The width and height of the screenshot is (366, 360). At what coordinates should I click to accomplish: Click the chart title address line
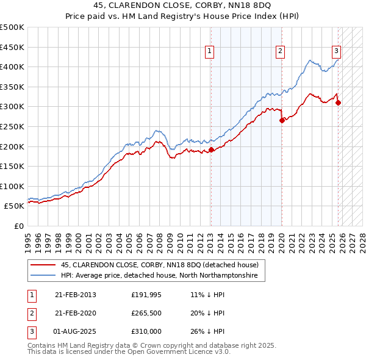[183, 5]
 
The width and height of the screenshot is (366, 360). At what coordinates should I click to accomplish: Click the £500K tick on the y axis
[12, 27]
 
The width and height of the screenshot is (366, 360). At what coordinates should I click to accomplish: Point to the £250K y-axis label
[12, 126]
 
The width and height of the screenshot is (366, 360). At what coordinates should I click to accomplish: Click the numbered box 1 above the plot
[209, 51]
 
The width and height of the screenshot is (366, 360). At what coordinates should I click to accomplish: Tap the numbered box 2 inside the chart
[280, 51]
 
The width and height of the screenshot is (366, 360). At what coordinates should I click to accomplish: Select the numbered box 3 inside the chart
[336, 51]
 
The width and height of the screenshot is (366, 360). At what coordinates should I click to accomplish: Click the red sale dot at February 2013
[211, 149]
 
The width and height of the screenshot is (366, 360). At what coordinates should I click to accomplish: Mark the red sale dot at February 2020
[282, 120]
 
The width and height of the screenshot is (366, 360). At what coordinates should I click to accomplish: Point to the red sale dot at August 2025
[338, 103]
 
